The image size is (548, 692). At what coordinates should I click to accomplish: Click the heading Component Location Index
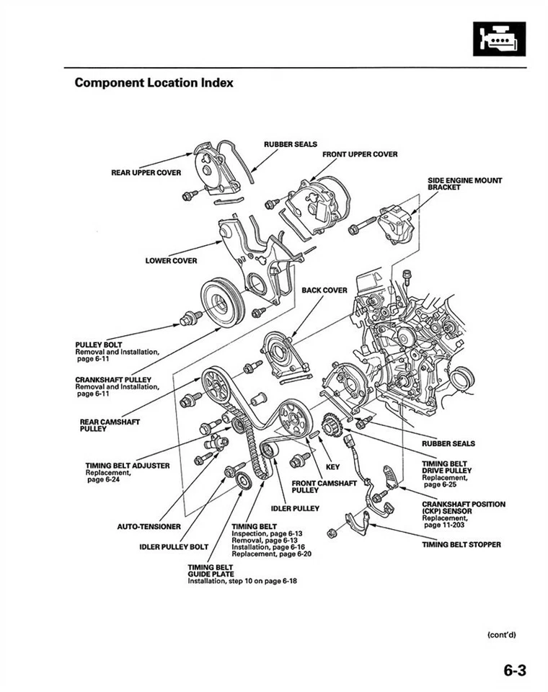pyautogui.click(x=154, y=83)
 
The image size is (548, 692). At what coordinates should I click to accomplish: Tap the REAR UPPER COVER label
pyautogui.click(x=146, y=173)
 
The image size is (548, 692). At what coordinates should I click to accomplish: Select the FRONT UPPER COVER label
pyautogui.click(x=360, y=154)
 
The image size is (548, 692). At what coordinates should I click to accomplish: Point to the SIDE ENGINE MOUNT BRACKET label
pyautogui.click(x=464, y=183)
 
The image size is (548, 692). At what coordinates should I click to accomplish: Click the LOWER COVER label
pyautogui.click(x=171, y=261)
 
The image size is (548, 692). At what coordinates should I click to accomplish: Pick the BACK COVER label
pyautogui.click(x=324, y=290)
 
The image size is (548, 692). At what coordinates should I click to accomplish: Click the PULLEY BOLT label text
pyautogui.click(x=99, y=345)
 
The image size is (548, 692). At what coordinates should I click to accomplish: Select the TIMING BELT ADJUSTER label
pyautogui.click(x=128, y=466)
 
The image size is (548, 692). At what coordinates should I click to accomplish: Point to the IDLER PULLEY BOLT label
pyautogui.click(x=174, y=546)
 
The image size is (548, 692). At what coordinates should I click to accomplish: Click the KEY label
pyautogui.click(x=332, y=467)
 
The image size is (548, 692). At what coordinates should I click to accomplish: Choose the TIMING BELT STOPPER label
pyautogui.click(x=461, y=545)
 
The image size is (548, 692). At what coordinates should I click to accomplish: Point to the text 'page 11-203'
pyautogui.click(x=443, y=525)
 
